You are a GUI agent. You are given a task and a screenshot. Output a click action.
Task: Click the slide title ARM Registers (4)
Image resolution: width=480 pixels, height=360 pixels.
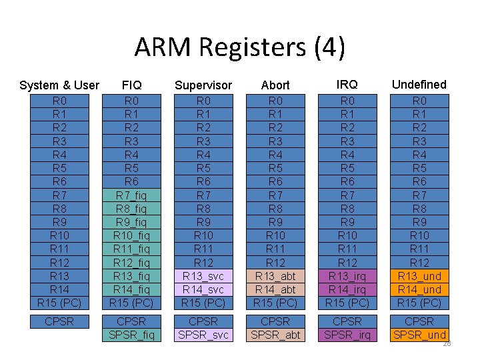[x=240, y=47]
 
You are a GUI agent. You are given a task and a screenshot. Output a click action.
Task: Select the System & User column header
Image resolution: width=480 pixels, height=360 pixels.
[x=59, y=85]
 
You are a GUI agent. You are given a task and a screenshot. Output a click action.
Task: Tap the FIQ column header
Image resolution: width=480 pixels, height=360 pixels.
[x=131, y=85]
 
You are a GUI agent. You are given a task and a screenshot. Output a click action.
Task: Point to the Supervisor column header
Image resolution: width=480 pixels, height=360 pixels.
[x=203, y=85]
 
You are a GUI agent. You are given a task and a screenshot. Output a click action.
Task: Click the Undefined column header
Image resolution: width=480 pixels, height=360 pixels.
[x=419, y=84]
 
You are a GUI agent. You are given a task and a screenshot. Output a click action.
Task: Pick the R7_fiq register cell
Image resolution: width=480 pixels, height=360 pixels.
[x=131, y=195]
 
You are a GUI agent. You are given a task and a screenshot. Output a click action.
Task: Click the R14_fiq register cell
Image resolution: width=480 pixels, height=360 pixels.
[x=131, y=289]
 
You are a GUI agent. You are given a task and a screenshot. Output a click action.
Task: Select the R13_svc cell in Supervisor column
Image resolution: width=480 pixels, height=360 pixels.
[x=203, y=275]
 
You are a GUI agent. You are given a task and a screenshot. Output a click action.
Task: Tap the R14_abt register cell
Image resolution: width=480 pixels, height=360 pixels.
[x=275, y=289]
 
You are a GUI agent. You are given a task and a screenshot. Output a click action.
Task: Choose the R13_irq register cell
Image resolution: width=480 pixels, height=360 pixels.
[x=347, y=275]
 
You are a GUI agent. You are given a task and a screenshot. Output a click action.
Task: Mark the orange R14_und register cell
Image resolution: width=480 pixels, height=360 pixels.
[x=419, y=289]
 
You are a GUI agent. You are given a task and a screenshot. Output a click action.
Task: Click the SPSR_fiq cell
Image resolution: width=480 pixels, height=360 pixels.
[x=131, y=335]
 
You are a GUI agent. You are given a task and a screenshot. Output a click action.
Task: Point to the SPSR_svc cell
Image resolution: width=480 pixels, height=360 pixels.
[x=203, y=335]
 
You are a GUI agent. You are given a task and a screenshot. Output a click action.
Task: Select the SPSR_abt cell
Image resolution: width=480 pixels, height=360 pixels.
[x=275, y=335]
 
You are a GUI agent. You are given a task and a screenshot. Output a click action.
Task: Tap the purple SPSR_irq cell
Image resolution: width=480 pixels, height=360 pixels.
[x=347, y=335]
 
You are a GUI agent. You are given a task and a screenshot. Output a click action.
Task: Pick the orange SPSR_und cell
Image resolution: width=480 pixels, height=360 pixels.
[x=419, y=335]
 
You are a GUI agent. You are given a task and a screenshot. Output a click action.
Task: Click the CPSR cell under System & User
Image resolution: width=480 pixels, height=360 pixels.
[x=59, y=322]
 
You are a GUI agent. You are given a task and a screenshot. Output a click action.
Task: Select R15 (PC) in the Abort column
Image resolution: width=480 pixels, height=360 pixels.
[x=275, y=302]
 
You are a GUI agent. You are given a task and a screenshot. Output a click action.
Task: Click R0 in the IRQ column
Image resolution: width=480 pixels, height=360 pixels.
[x=347, y=101]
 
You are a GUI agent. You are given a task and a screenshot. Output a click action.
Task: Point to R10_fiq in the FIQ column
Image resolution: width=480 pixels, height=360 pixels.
[x=131, y=235]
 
